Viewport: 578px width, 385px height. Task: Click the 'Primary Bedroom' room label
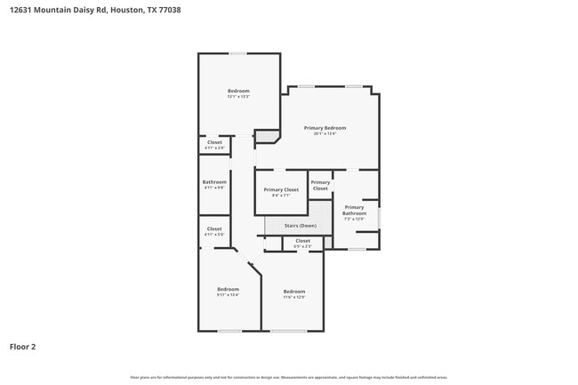click(x=325, y=128)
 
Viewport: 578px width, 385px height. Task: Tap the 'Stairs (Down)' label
click(x=300, y=226)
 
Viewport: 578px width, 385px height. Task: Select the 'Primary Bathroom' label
click(x=354, y=210)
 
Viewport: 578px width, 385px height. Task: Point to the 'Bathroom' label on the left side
click(x=214, y=182)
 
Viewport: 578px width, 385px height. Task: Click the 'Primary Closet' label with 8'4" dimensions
click(x=281, y=189)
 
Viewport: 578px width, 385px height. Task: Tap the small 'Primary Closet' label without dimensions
click(x=320, y=186)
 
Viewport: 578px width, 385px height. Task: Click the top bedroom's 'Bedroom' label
click(x=238, y=91)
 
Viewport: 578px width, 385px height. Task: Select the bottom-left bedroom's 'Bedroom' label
click(x=228, y=289)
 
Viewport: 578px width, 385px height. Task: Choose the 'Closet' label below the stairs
click(x=302, y=240)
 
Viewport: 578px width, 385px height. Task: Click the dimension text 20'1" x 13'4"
click(x=325, y=133)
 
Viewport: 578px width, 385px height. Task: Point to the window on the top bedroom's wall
click(x=237, y=53)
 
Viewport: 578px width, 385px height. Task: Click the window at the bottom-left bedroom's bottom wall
click(x=229, y=331)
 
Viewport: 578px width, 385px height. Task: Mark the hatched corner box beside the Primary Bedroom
click(x=264, y=136)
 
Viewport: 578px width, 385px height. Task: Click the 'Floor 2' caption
click(x=23, y=346)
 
